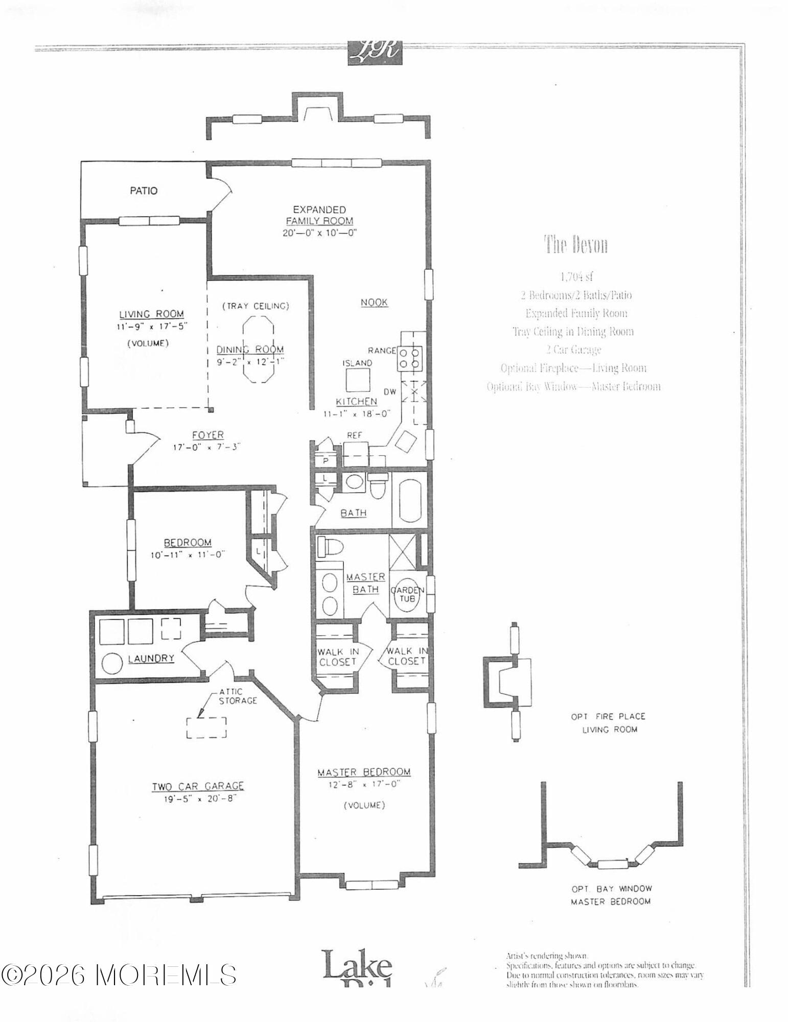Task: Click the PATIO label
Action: click(144, 191)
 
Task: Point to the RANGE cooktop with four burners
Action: click(410, 358)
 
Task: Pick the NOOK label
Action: click(374, 303)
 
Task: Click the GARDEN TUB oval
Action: click(407, 594)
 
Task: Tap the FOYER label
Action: click(207, 435)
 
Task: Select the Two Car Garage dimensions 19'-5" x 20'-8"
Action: click(197, 800)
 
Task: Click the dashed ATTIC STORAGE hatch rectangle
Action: click(206, 728)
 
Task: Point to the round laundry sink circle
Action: click(111, 663)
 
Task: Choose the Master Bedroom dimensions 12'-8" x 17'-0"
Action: click(363, 784)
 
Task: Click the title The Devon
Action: click(575, 245)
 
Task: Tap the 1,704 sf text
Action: click(576, 277)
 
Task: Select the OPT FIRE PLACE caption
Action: click(608, 717)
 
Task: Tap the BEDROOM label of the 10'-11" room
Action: click(187, 543)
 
